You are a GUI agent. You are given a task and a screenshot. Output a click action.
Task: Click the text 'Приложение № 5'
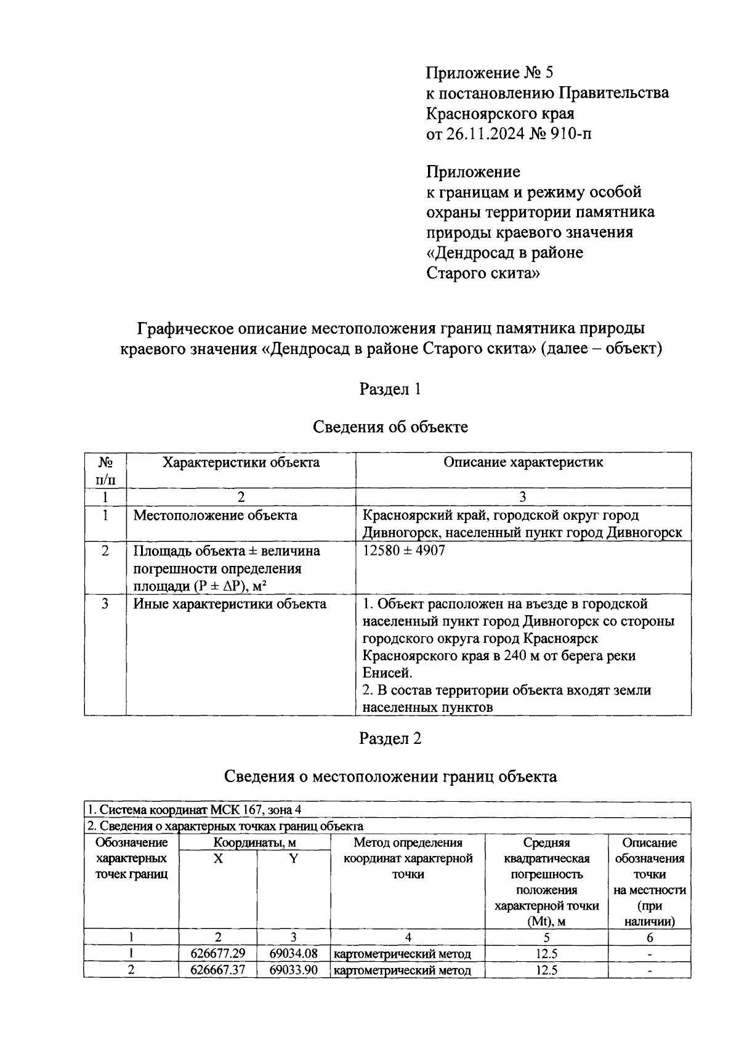tap(490, 73)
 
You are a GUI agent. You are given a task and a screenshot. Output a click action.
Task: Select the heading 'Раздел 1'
tap(390, 389)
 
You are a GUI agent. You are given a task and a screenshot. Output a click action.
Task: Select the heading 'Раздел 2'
tap(390, 738)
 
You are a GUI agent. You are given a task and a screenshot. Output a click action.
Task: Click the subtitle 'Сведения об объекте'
tap(390, 427)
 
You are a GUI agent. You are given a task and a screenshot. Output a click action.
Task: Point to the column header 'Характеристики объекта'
tap(241, 462)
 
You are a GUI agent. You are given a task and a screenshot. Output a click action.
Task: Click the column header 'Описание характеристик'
tap(523, 462)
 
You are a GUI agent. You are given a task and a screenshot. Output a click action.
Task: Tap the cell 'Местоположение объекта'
tap(215, 515)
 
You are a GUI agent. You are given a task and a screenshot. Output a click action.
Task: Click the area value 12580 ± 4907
tap(403, 551)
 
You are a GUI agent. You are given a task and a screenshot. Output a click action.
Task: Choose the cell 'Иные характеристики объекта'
tap(230, 604)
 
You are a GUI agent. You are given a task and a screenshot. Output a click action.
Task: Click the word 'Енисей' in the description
tap(386, 672)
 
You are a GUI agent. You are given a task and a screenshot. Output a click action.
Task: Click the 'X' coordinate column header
tap(218, 858)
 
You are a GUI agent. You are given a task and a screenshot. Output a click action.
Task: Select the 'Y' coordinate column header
tap(294, 858)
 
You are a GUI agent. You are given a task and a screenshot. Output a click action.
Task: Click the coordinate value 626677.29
tap(218, 954)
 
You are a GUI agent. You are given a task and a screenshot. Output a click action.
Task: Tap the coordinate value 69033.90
tap(294, 970)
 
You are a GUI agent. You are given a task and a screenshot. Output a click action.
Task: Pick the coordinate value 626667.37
tap(218, 970)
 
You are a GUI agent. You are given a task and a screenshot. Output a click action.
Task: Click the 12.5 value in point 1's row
tap(546, 954)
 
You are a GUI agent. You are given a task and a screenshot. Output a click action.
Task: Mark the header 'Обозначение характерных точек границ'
tap(131, 858)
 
